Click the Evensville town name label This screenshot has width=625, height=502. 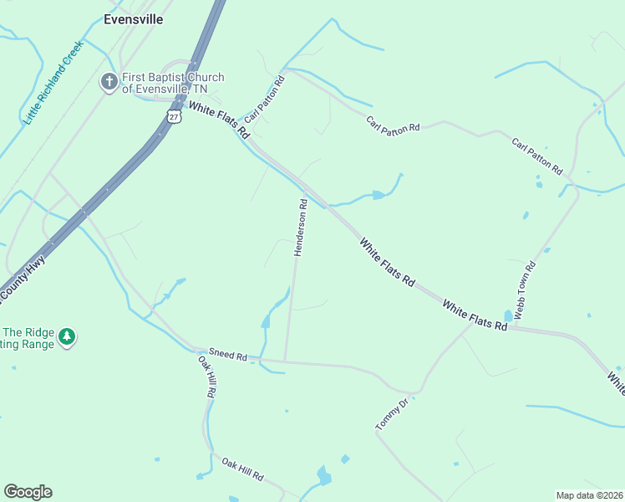pos(133,18)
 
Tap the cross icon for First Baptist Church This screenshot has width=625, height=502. pos(109,82)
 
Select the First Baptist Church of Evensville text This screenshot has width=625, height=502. pos(173,84)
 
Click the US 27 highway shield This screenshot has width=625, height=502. pos(173,115)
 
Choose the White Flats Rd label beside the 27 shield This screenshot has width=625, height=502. pos(219,120)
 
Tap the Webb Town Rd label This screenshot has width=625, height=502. pos(524,289)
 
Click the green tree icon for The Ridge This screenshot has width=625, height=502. pos(67,336)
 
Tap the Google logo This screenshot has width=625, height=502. pos(28,492)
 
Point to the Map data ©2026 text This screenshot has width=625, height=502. pos(589,494)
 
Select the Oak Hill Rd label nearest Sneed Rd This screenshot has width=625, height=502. pos(207,376)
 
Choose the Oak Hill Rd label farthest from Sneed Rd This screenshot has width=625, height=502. pos(242,468)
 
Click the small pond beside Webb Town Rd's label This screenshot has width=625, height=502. pos(508,315)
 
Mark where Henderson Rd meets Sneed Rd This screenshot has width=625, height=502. pos(285,361)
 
